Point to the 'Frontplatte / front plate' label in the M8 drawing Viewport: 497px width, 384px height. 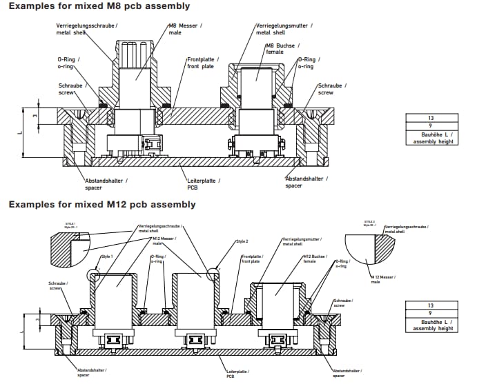click(204, 63)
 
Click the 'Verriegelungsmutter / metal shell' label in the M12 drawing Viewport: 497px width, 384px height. click(298, 241)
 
